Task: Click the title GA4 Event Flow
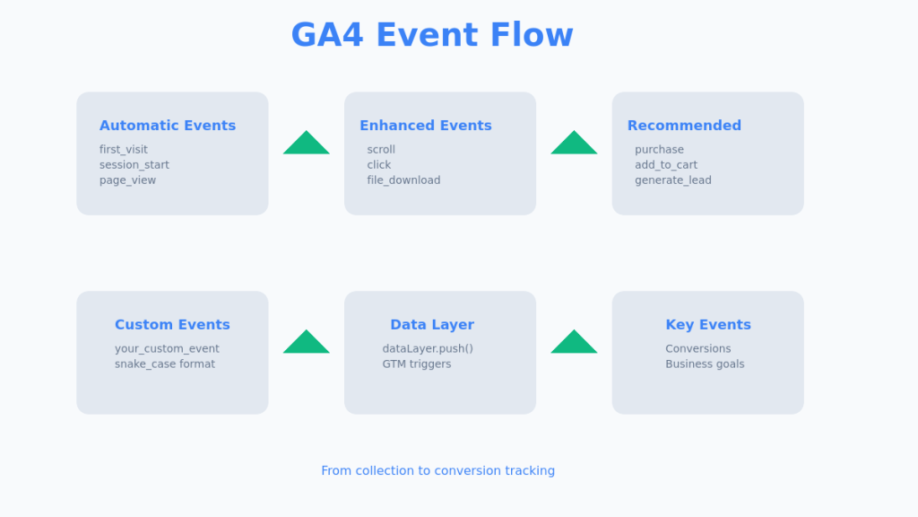431,36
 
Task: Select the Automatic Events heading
168,126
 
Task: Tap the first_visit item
124,150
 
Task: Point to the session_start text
134,165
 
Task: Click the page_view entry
127,180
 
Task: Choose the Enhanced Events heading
426,126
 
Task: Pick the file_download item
403,180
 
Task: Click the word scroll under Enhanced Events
381,150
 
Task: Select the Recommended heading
684,126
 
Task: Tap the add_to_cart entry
666,165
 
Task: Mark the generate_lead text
673,180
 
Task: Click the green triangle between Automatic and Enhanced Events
307,145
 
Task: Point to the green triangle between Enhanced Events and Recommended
574,145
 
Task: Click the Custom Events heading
172,325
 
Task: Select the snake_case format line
165,364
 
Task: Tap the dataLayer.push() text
428,349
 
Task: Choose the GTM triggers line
417,364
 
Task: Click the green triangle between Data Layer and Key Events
574,343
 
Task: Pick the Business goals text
705,364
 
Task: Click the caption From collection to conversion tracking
437,471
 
